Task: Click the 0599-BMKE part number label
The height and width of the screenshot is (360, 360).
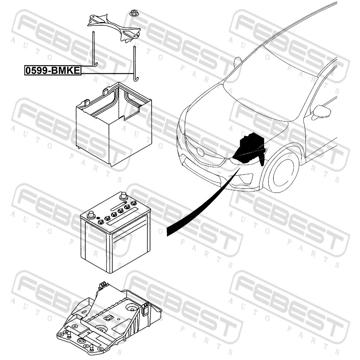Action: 53,70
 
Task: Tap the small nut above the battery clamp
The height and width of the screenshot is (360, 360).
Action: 132,13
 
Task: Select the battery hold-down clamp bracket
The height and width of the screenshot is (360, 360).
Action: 114,28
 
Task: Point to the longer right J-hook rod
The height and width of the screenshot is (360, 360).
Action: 135,64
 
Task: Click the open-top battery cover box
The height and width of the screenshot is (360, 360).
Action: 114,124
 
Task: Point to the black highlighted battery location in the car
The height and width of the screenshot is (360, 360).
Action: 250,148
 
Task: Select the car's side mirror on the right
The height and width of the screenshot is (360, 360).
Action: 321,112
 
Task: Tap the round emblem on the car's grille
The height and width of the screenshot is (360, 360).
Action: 200,152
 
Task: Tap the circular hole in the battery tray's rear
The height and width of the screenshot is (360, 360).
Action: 131,308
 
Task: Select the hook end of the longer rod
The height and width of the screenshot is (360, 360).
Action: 136,79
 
